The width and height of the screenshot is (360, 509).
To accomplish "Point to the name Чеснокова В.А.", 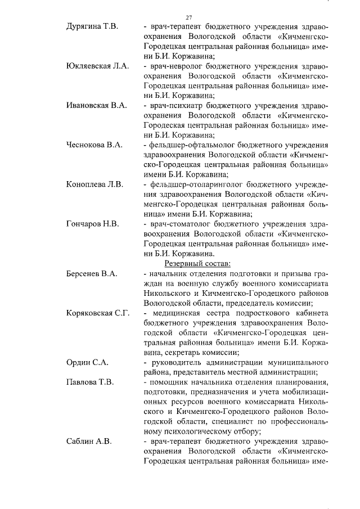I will [94, 145].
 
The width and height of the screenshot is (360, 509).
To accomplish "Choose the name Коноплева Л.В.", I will [94, 184].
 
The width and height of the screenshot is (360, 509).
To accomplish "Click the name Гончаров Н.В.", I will [92, 223].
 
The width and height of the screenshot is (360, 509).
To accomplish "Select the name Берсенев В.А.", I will [91, 274].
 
